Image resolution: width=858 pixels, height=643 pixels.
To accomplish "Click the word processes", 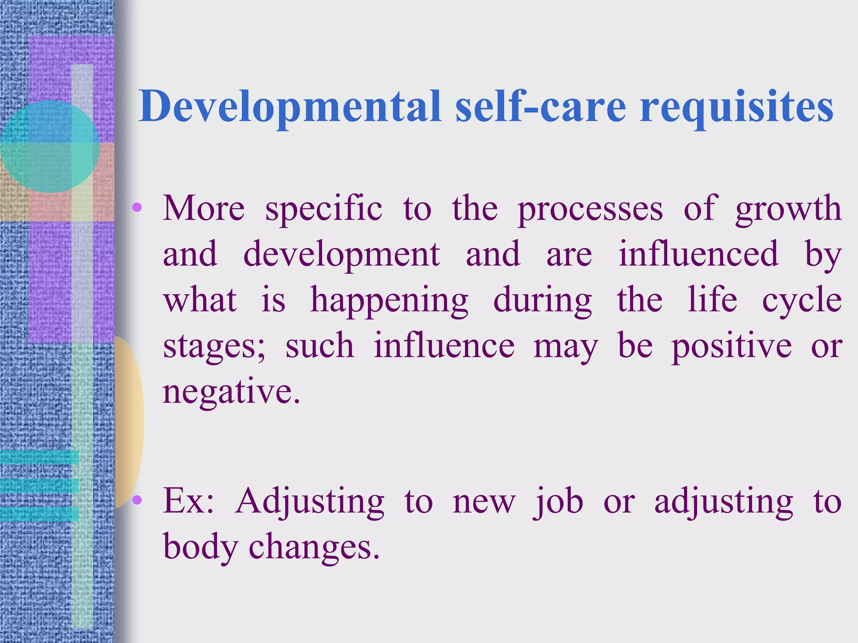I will point(590,209).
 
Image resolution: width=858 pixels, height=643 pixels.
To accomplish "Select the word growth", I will point(788,209).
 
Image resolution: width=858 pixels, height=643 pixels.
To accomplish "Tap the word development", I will point(341,255).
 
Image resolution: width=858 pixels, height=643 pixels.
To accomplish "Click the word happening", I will point(389,301).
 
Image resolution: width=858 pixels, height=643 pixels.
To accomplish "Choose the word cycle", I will point(801,301).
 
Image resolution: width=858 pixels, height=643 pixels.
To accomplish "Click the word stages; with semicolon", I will point(214,347).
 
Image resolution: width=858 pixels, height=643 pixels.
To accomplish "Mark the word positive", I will point(731,347).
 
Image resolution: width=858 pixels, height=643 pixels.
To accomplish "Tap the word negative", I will point(231,393).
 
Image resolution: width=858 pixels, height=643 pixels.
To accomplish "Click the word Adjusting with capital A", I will point(310,502).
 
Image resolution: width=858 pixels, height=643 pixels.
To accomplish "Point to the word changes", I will point(314,548).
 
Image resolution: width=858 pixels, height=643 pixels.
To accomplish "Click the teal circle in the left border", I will point(49,146).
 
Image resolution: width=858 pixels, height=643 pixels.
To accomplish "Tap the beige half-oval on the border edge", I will point(129,422).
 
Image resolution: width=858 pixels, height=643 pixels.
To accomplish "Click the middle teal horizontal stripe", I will point(39,486).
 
